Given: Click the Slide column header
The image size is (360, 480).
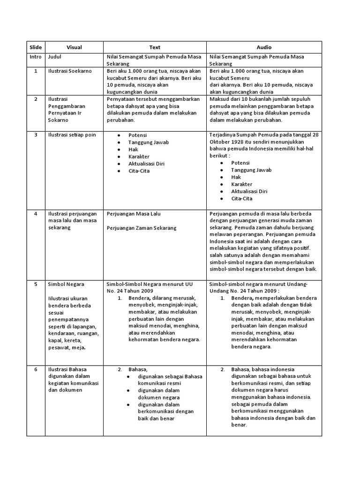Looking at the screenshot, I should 36,47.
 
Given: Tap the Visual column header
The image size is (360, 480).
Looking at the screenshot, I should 74,47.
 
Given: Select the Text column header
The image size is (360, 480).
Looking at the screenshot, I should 155,47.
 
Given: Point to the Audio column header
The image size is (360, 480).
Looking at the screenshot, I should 264,47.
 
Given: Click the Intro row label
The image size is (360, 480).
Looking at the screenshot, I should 36,57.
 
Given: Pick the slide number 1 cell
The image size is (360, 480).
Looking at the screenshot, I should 36,71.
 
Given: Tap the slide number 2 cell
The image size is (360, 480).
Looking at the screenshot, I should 36,99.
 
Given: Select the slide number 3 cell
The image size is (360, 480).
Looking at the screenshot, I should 36,135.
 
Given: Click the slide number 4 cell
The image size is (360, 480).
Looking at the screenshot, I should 36,213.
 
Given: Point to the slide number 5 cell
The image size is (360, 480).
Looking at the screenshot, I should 36,285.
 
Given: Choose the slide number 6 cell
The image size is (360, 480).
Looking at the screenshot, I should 36,369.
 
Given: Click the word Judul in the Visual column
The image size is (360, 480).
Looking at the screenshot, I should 55,57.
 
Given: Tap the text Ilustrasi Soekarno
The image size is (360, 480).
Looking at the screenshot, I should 70,71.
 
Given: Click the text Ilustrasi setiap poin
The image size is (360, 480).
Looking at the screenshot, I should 72,135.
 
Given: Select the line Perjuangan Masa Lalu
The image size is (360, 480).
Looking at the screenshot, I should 134,213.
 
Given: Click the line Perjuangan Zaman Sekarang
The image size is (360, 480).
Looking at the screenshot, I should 142,228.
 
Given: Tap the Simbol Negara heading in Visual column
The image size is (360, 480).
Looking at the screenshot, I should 66,285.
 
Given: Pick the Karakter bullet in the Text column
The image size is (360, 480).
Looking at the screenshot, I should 139,157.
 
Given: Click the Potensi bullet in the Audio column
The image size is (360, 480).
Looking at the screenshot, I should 240,163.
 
